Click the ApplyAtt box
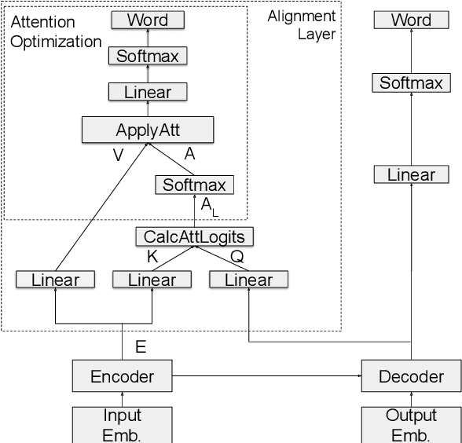point(148,130)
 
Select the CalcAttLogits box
point(195,236)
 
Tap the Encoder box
point(122,376)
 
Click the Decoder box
point(411,376)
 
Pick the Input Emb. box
point(122,424)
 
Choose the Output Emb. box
point(411,424)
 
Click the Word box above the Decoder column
point(411,20)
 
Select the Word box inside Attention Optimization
point(148,20)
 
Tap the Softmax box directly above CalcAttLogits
point(194,185)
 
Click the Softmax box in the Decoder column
point(411,82)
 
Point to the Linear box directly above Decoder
point(411,175)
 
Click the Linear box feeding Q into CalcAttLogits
point(248,280)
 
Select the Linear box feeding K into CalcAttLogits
point(152,280)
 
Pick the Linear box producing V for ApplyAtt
point(55,280)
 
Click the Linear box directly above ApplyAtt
point(148,92)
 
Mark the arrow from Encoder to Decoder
point(267,376)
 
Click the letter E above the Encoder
point(141,345)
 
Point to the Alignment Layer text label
point(302,25)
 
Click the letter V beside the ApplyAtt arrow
point(119,156)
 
